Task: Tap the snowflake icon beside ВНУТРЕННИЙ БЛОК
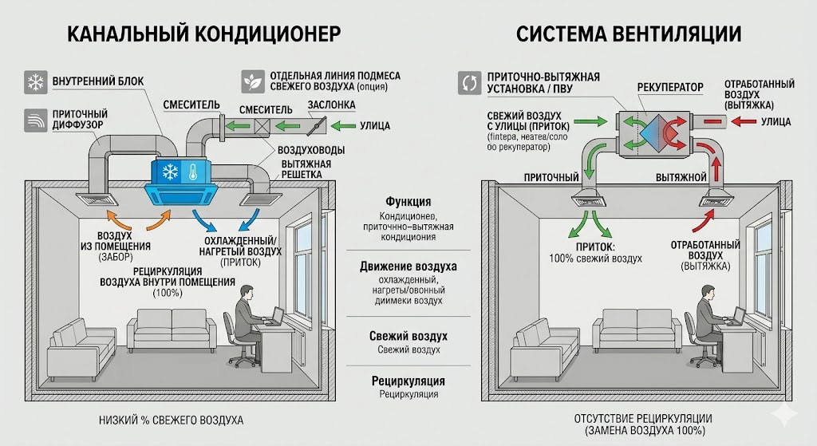(35, 82)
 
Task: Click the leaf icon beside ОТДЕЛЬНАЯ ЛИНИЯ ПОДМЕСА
(254, 81)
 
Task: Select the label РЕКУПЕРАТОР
(670, 85)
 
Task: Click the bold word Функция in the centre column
(408, 202)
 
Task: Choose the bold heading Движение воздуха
(408, 266)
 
